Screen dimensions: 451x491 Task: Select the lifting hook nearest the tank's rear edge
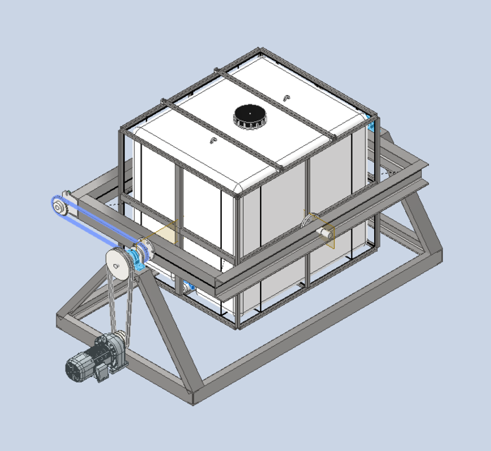pyautogui.click(x=286, y=97)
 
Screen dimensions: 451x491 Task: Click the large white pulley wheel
pyautogui.click(x=116, y=263)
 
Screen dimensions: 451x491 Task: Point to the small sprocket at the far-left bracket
pyautogui.click(x=58, y=206)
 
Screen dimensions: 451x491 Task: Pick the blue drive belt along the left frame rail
pyautogui.click(x=99, y=224)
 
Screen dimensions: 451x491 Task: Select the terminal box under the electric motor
pyautogui.click(x=101, y=372)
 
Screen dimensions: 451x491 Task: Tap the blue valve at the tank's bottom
pyautogui.click(x=187, y=288)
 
